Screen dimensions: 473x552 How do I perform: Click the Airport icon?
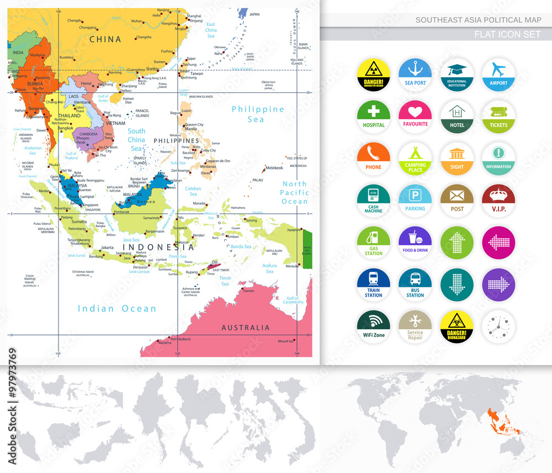[498, 76]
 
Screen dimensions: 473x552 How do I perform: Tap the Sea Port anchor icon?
[415, 76]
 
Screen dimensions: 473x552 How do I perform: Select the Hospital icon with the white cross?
[374, 117]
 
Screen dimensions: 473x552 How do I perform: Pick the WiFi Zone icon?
[374, 327]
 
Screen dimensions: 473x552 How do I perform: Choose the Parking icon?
[415, 201]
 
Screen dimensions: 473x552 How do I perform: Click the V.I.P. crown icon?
[498, 201]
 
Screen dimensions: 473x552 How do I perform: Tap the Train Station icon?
[374, 285]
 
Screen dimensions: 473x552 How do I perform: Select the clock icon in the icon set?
[498, 327]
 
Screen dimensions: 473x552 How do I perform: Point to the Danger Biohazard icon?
[457, 327]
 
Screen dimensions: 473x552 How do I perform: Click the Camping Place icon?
[415, 159]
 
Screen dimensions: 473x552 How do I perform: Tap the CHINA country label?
[105, 39]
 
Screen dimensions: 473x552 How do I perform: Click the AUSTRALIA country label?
[246, 328]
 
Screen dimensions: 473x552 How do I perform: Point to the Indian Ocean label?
[117, 309]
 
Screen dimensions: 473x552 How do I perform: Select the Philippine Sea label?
[258, 114]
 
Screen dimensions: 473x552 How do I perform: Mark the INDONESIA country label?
[155, 246]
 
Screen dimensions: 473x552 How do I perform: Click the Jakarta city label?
[108, 248]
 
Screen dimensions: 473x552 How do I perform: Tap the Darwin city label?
[249, 291]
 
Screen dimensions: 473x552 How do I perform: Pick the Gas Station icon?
[374, 243]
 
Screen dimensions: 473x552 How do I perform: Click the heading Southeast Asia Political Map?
[479, 20]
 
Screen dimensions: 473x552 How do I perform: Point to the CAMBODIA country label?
[88, 134]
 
